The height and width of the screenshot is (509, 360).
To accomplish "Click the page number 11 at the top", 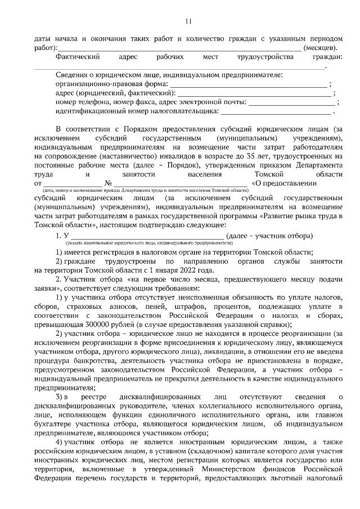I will click(188, 21).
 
